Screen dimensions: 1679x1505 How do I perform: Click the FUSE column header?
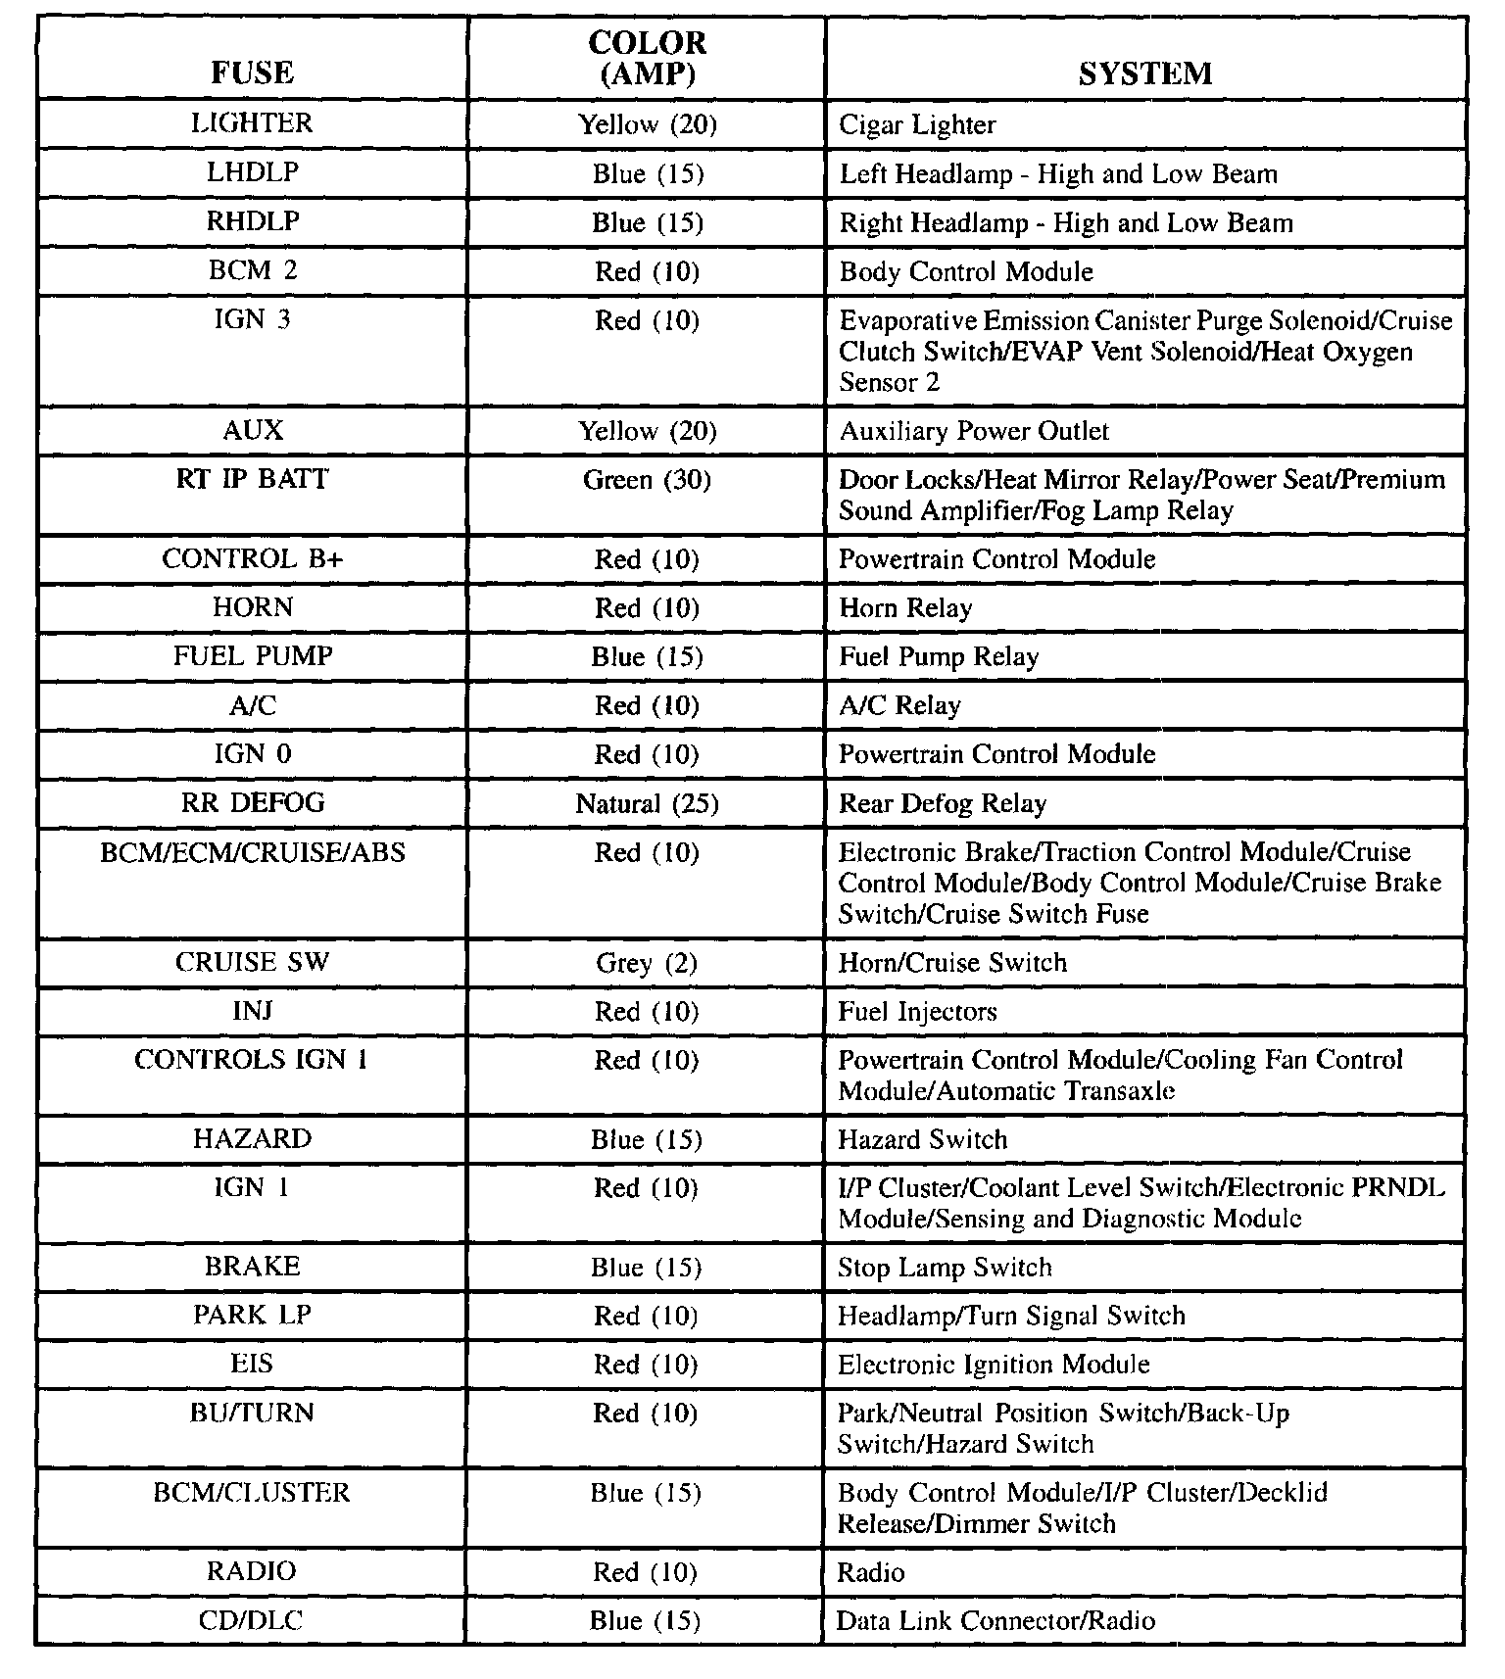(x=252, y=73)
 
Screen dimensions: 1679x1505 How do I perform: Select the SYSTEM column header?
(x=1144, y=73)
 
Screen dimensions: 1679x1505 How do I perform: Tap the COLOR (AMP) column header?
(x=647, y=58)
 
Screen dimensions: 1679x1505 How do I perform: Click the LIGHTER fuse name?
(x=252, y=123)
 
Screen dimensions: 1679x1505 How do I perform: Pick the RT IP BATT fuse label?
(x=252, y=479)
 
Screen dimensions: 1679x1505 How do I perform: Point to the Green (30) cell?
(x=647, y=480)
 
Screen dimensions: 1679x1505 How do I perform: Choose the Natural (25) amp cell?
(x=647, y=804)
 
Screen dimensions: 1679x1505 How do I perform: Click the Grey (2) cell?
(x=647, y=963)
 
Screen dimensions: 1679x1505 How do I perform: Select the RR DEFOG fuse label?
(x=252, y=803)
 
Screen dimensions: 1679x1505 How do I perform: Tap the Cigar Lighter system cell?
(x=917, y=125)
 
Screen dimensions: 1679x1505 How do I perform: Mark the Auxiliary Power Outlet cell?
(x=974, y=431)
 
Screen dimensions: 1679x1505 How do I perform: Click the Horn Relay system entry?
(x=905, y=608)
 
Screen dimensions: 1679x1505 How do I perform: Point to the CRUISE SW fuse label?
(x=252, y=962)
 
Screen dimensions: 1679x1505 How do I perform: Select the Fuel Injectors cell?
(x=917, y=1012)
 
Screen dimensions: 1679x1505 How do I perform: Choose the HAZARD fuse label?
(x=252, y=1138)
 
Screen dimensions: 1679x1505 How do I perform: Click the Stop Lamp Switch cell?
(x=945, y=1268)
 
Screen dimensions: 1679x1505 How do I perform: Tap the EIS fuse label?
(x=252, y=1364)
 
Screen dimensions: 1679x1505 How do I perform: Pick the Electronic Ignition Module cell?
(x=994, y=1365)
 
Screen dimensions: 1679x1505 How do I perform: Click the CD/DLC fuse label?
(x=252, y=1620)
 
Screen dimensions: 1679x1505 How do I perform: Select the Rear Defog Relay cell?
(x=943, y=804)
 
